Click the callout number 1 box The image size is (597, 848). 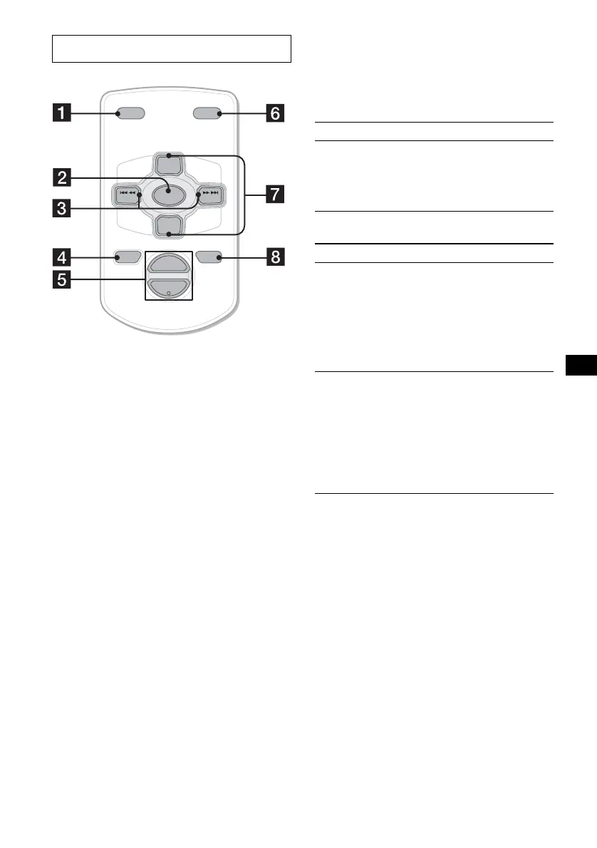[x=64, y=113]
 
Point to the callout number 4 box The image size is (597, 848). [x=63, y=256]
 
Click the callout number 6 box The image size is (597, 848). [x=274, y=113]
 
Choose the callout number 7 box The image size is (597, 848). [x=274, y=194]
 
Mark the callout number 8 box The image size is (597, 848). [x=274, y=256]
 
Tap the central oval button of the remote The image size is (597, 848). [x=168, y=194]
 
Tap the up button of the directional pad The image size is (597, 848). [x=168, y=164]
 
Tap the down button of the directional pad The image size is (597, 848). [x=168, y=224]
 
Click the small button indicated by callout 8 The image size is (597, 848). [x=209, y=256]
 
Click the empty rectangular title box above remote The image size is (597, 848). [x=172, y=48]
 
